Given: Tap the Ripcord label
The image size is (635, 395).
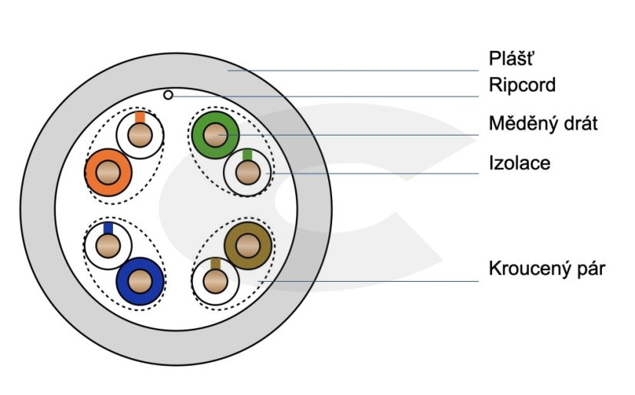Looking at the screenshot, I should (522, 85).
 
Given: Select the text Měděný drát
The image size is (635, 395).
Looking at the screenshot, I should (543, 123).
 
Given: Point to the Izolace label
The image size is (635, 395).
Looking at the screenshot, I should (519, 162).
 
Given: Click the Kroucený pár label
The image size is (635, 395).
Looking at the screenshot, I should (547, 269).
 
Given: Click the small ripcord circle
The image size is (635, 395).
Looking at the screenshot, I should (168, 95).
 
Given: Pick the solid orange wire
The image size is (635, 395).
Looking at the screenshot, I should (107, 172).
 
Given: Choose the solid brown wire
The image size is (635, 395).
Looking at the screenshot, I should (248, 246).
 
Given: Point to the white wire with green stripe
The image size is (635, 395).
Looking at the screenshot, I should (248, 172).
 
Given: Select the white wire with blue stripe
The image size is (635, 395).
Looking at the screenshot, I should (107, 246).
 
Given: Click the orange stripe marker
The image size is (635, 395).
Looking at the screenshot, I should (140, 117).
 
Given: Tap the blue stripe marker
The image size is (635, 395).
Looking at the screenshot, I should (108, 228).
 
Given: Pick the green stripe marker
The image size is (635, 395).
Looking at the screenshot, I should (248, 155).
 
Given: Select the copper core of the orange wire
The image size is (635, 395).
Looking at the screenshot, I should (107, 172).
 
